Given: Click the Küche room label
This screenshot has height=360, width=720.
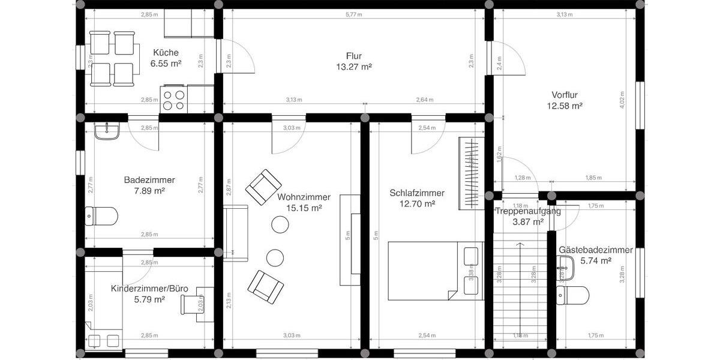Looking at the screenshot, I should coord(166,52).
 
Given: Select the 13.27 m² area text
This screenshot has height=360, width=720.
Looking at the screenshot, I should coord(354,67).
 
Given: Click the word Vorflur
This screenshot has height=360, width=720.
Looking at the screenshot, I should coord(565,95).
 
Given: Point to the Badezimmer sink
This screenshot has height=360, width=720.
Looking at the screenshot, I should coord(107,131).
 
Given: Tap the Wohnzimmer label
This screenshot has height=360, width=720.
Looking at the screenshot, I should coord(300,197).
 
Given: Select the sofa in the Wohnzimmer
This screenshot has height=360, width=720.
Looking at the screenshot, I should coord(235,233).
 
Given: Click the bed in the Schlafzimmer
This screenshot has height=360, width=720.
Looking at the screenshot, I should coord(435,270).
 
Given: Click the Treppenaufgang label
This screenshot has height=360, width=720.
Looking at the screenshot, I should coord(527,211).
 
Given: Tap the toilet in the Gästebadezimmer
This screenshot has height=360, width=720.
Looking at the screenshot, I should coord(573,295).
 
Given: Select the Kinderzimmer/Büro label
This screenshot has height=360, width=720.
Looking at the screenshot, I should coord(149,289).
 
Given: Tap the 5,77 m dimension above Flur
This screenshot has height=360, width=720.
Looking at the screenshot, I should coord(354,14).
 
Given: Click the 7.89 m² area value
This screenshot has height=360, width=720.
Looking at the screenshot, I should coord(149,191).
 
